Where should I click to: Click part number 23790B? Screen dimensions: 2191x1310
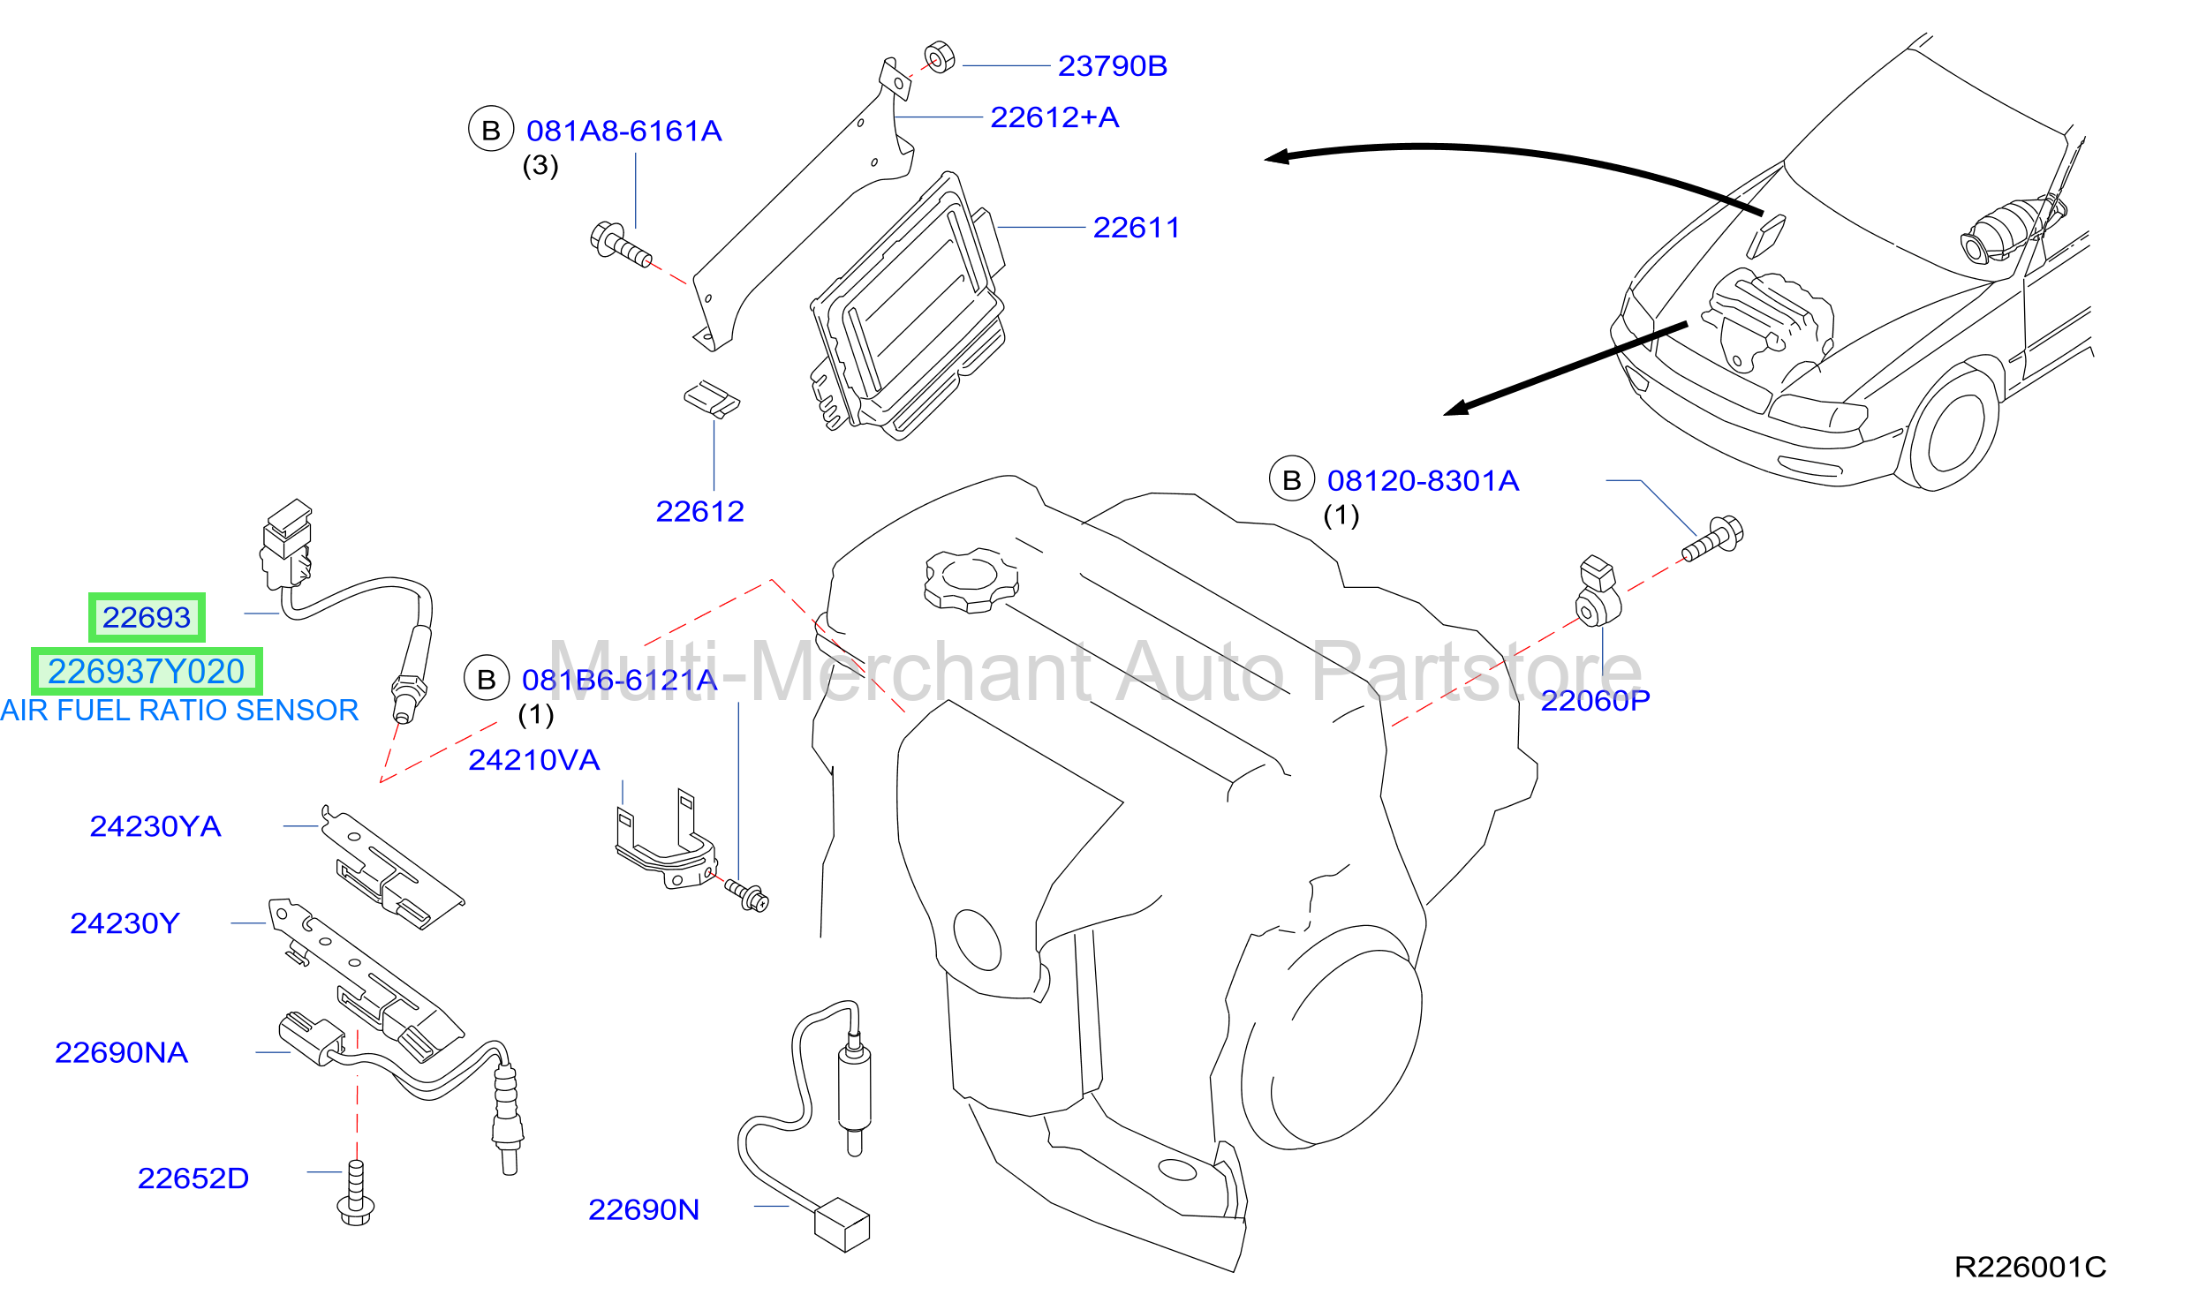tap(1112, 66)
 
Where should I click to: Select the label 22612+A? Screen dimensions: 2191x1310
tap(1054, 117)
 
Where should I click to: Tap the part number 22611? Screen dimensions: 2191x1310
tap(1136, 228)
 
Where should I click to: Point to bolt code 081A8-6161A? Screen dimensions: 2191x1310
tap(623, 132)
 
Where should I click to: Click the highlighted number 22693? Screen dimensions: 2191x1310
tap(147, 617)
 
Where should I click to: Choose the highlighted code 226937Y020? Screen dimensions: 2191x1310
tap(147, 672)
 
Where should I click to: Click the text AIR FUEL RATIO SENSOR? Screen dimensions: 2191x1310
tap(179, 711)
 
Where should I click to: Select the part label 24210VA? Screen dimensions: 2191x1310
tap(533, 760)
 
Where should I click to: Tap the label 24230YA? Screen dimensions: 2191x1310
tap(155, 826)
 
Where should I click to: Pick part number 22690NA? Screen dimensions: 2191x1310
tap(121, 1052)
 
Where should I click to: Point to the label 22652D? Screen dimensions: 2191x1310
tap(193, 1178)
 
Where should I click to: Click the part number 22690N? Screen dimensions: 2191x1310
tap(644, 1209)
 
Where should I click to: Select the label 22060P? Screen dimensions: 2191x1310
tap(1595, 701)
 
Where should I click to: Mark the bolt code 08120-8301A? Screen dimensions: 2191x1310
tap(1423, 481)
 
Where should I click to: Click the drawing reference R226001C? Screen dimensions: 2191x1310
tap(2030, 1268)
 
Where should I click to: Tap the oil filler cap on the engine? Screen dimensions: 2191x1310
tap(971, 580)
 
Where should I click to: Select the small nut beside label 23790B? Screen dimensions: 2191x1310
tap(940, 57)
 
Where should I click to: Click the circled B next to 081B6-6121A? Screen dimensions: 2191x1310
tap(487, 679)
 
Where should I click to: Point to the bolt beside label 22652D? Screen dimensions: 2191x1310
tap(356, 1193)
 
